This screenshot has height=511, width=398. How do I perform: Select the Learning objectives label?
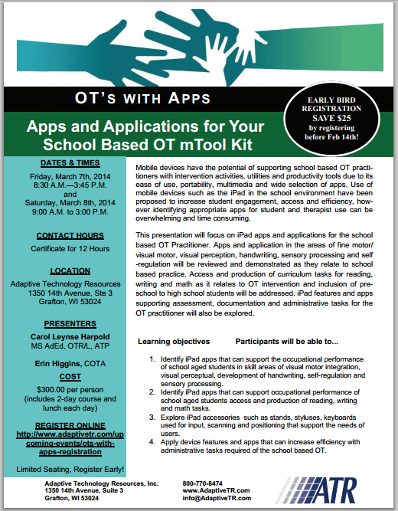point(174,339)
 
